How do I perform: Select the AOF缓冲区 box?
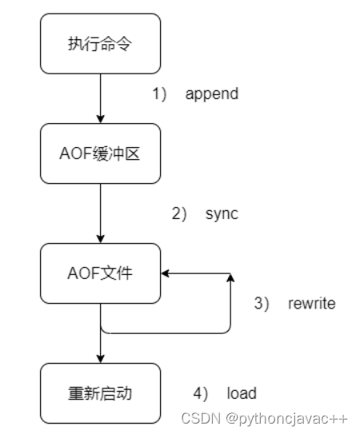100,153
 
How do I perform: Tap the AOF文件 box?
100,274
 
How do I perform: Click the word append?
212,94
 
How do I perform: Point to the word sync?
223,214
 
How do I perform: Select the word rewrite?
312,304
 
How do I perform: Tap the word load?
242,392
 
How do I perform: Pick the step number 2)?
178,214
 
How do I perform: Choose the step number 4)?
200,392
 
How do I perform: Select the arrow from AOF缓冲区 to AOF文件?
100,212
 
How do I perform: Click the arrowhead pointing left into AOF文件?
166,274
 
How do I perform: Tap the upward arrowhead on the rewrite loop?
230,279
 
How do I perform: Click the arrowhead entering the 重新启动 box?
100,358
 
